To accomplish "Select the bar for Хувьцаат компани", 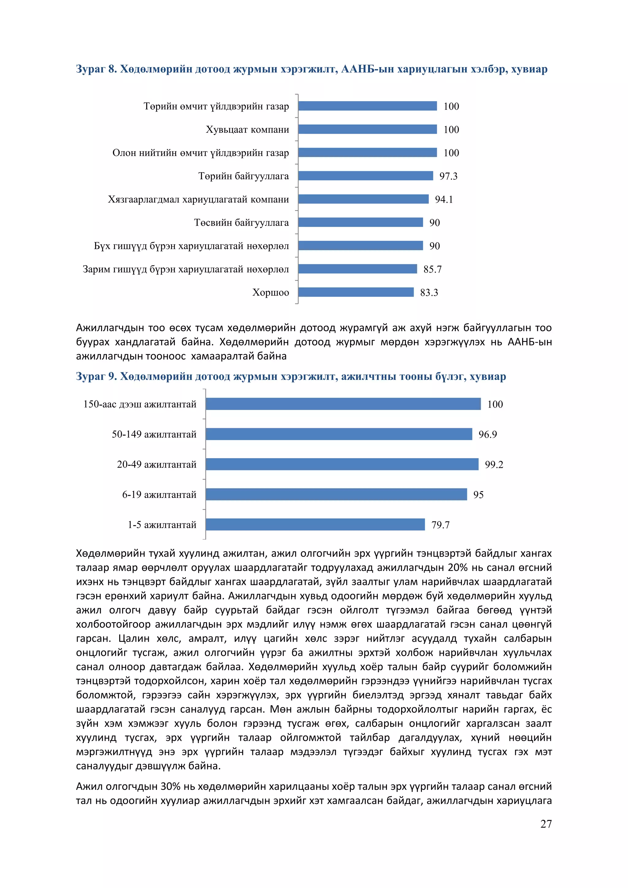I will pos(367,129).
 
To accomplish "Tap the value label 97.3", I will pos(448,176).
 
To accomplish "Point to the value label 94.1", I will pos(443,199).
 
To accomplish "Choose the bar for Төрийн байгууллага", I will pos(366,176).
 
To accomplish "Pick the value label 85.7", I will pos(432,269).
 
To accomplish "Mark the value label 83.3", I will pos(429,293).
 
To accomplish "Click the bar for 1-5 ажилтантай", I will pos(315,524).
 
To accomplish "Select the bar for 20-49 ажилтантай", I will pos(342,464).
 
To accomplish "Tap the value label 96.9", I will pos(488,434).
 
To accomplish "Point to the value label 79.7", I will pos(440,525).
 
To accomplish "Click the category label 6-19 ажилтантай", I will pos(159,495).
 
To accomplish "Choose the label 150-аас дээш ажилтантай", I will pos(140,404).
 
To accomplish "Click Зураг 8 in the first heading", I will pos(96,69).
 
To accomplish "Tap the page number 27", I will pos(546,824).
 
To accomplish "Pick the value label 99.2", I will pos(494,465).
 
